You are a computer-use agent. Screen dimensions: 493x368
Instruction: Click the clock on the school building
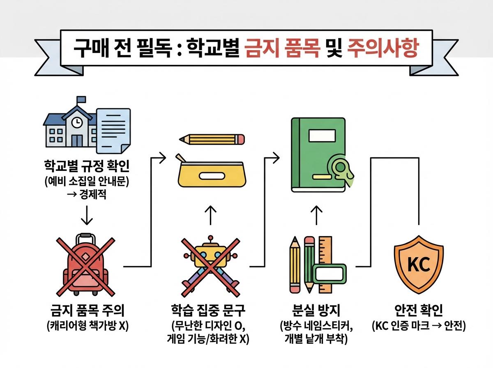[76, 122]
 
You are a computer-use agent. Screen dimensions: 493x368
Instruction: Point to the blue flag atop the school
[81, 99]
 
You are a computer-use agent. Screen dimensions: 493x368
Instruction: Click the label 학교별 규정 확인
[86, 167]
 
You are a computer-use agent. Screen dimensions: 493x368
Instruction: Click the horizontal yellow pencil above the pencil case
[212, 139]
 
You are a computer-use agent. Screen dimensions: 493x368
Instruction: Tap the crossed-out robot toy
[210, 265]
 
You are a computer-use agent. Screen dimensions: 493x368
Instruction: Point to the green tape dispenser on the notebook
[341, 169]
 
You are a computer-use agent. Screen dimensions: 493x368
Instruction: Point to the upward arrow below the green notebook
[316, 214]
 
